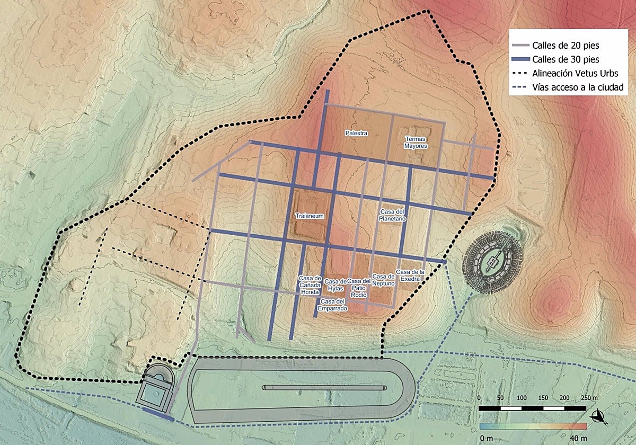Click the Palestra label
point(356,133)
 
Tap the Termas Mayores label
point(416,142)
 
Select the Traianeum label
point(309,216)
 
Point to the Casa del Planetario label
point(393,215)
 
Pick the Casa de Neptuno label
point(383,280)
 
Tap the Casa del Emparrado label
point(332,305)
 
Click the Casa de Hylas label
point(335,284)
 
